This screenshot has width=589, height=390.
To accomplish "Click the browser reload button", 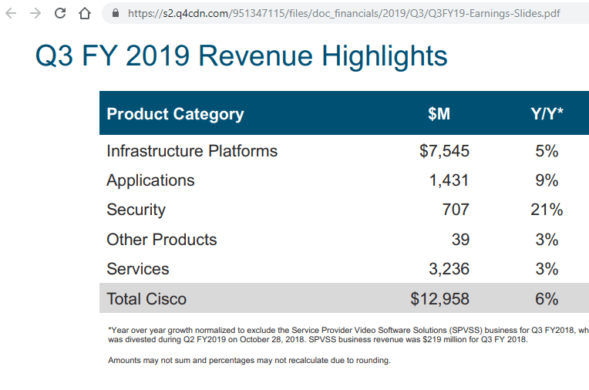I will (61, 13).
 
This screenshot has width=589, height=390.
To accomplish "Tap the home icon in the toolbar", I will (86, 13).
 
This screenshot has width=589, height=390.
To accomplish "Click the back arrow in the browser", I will (12, 13).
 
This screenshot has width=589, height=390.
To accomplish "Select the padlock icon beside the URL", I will (116, 13).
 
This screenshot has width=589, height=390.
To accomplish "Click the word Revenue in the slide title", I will (255, 56).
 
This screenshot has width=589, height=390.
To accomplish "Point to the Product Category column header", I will (175, 114).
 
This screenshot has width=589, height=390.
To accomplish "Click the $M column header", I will (439, 114).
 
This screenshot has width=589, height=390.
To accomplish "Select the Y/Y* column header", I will (546, 114).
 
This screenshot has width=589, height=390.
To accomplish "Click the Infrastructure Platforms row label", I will (192, 151).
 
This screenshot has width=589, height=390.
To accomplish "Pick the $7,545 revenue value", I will (444, 151).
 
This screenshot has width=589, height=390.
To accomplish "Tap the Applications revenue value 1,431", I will (449, 180).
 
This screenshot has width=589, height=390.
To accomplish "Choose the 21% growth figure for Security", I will (546, 210).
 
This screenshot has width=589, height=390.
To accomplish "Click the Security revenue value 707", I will (455, 210).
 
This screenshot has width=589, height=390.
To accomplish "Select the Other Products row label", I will (162, 240).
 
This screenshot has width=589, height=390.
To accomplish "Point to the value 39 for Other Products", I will (460, 240).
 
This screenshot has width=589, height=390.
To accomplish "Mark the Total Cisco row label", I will (146, 298).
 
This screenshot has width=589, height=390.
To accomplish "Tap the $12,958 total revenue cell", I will (439, 298).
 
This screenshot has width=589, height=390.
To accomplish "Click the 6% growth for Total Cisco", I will (547, 298).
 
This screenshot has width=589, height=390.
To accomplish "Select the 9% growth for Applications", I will (547, 180).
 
